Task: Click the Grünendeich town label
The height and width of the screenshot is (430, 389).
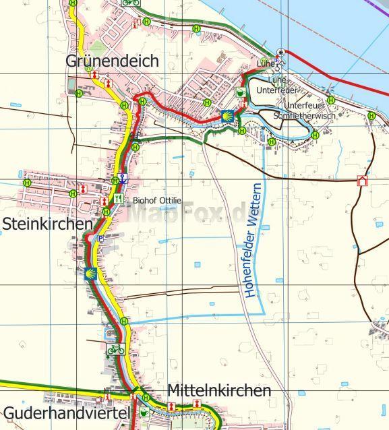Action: (x=112, y=61)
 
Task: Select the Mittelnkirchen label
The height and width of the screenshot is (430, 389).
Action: (x=218, y=391)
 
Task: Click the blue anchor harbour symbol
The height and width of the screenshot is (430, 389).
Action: (x=122, y=179)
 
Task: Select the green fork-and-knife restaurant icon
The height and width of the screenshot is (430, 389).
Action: (x=119, y=199)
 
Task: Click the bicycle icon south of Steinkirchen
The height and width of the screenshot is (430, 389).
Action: (x=115, y=349)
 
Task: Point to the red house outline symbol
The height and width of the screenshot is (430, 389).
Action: (x=363, y=181)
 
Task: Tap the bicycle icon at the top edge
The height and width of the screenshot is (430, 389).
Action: (x=131, y=2)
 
